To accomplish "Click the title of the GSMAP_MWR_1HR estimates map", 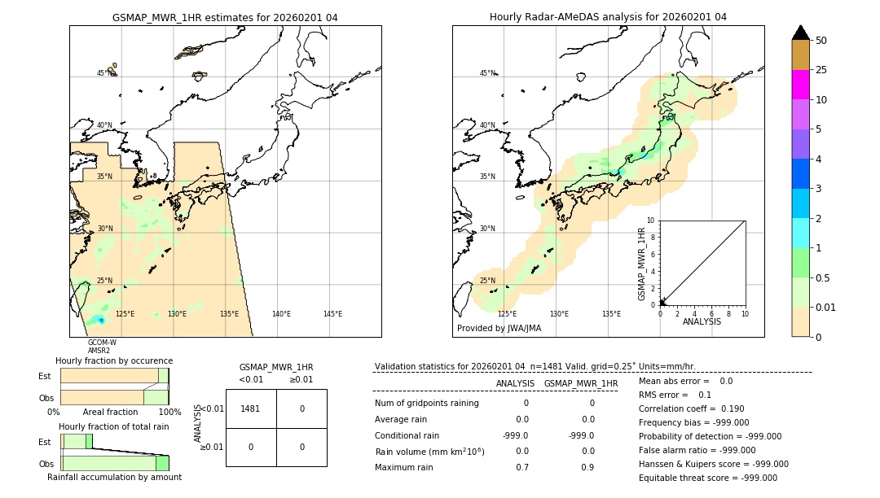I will (x=225, y=17).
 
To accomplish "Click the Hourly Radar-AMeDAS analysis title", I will (x=608, y=17).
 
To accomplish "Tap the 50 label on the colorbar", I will (x=821, y=41).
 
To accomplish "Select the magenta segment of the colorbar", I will (x=800, y=85).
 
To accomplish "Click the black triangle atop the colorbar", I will (x=800, y=33).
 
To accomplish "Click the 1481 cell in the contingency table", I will (x=251, y=408).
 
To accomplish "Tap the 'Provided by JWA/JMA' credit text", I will (x=499, y=329).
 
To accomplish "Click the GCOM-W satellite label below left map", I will (x=102, y=343).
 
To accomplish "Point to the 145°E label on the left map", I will (x=332, y=314).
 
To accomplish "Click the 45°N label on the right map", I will (x=487, y=73).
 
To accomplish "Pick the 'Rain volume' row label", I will (x=429, y=452).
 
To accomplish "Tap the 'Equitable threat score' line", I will (x=707, y=478).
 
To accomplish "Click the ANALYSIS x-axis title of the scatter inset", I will (x=702, y=321).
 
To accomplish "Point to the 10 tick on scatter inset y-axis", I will (x=650, y=221).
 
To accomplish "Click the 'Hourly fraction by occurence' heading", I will (x=114, y=360).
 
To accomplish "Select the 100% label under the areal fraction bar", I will (x=169, y=413).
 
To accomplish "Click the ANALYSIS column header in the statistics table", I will (x=515, y=383).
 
